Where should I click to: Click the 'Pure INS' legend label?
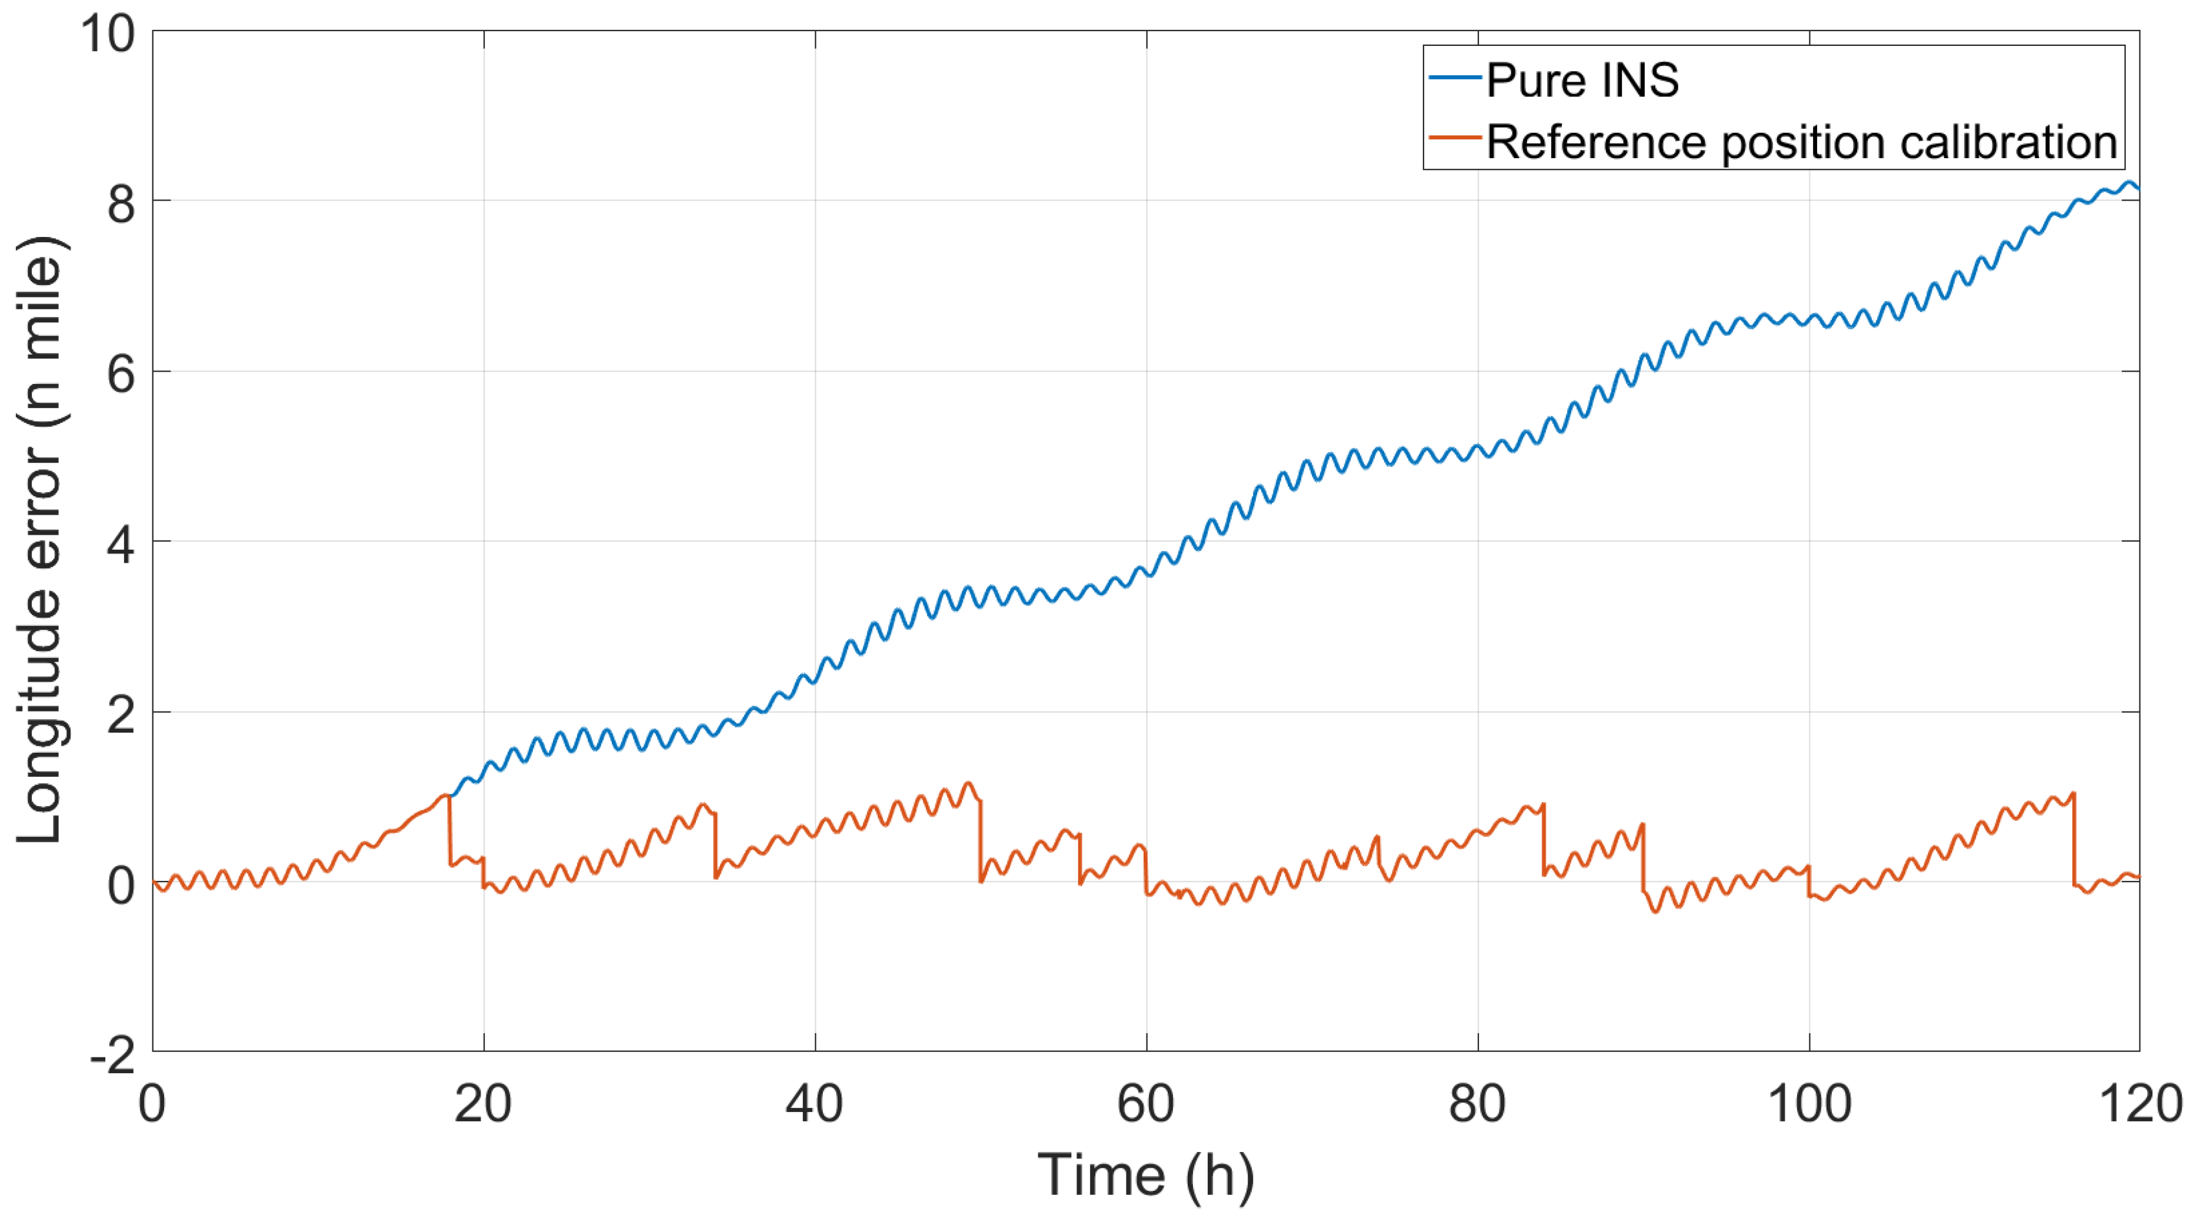coord(1582,81)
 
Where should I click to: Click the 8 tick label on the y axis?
coord(121,204)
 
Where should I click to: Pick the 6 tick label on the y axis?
coord(121,374)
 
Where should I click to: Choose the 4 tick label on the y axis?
coord(121,544)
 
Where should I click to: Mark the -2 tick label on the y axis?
coord(112,1056)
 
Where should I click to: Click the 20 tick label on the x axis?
coord(483,1104)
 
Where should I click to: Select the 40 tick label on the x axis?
coord(815,1104)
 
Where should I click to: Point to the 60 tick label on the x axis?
coord(1146,1104)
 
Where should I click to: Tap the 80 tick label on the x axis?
coord(1477,1104)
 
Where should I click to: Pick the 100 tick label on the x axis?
coord(1809,1104)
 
